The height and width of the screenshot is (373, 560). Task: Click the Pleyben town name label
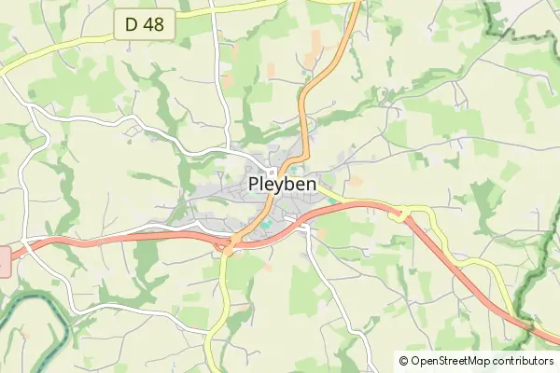pos(283,185)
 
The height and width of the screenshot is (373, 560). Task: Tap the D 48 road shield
pos(146,24)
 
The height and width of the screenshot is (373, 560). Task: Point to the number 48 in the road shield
pos(155,24)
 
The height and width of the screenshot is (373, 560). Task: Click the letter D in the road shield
pos(132,24)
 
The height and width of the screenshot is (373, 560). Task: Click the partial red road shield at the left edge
pos(4,261)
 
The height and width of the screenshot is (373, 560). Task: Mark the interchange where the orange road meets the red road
pos(229,246)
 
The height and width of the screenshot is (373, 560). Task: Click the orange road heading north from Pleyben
pos(317,75)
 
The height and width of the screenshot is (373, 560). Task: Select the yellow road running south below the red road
pos(218,298)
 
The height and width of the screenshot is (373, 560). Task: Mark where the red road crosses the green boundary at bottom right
pos(528,325)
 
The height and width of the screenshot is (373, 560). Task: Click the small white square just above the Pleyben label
pos(273,171)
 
